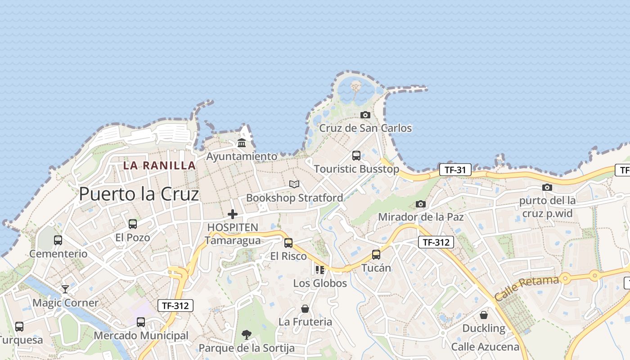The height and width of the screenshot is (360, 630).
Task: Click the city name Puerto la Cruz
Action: pyautogui.click(x=139, y=194)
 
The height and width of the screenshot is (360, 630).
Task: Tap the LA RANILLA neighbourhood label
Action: pyautogui.click(x=159, y=166)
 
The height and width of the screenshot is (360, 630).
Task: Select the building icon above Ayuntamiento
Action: pyautogui.click(x=242, y=143)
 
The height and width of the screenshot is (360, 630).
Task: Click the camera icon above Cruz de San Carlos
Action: pyautogui.click(x=365, y=115)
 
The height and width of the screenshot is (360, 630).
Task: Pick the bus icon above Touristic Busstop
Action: pyautogui.click(x=356, y=156)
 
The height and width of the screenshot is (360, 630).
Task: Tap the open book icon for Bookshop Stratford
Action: pyautogui.click(x=294, y=184)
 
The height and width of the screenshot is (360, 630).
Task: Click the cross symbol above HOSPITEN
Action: pyautogui.click(x=233, y=214)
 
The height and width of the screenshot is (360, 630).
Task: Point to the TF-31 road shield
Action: pyautogui.click(x=455, y=170)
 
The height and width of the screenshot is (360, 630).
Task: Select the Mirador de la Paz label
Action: pyautogui.click(x=421, y=217)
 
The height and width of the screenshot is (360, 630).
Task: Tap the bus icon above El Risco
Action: pyautogui.click(x=288, y=243)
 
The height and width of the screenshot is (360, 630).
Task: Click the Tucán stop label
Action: pyautogui.click(x=376, y=268)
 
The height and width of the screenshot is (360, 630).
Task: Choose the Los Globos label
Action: pyautogui.click(x=320, y=283)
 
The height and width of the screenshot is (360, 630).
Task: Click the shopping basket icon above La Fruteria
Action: pyautogui.click(x=305, y=309)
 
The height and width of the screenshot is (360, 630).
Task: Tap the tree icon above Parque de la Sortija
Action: pyautogui.click(x=246, y=335)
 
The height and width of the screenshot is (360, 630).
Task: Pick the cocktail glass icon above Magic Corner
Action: pyautogui.click(x=65, y=289)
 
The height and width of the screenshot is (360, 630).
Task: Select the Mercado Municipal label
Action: pyautogui.click(x=141, y=336)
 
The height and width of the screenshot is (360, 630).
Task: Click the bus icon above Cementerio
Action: pyautogui.click(x=58, y=240)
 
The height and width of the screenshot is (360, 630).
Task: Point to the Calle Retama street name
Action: pyautogui.click(x=526, y=289)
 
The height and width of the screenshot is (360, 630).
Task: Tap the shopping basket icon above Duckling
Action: pyautogui.click(x=484, y=315)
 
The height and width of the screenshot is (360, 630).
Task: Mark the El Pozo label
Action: pyautogui.click(x=133, y=237)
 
